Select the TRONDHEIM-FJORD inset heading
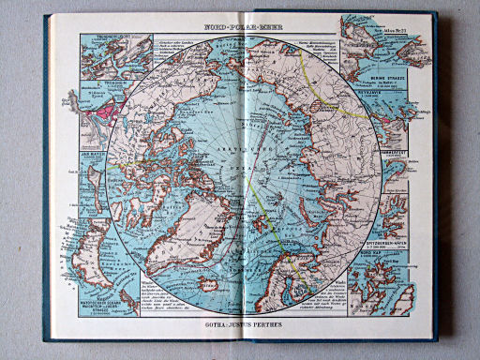102,37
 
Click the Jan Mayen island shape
95,169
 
